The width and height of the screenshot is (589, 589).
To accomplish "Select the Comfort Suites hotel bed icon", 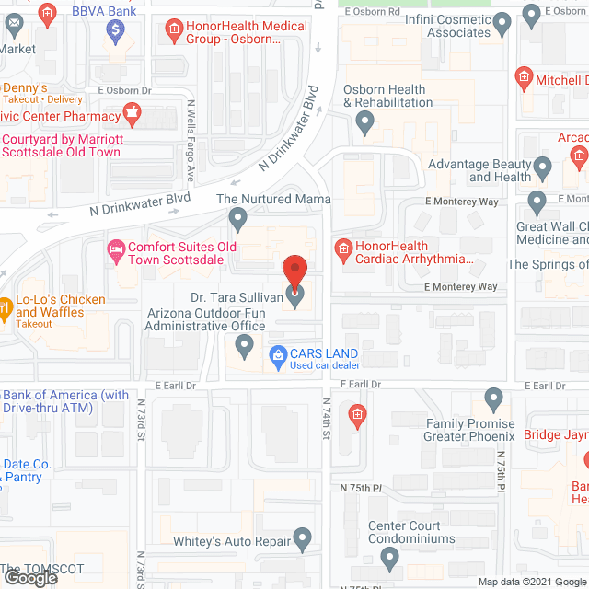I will pos(116,248).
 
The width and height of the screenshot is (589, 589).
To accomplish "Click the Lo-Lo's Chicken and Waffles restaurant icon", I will pos(6,306).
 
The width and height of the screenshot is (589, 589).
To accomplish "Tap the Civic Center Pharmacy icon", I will pos(133,116).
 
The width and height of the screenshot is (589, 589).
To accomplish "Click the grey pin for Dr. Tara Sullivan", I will pos(295,295).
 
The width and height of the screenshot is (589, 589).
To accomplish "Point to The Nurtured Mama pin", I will pos(238,218).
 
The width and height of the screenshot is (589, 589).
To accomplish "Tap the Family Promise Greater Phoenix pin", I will pos(493,399).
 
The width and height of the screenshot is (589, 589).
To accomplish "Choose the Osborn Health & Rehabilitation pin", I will pos(365,121).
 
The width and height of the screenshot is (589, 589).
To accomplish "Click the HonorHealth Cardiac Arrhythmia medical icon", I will pos(343,247).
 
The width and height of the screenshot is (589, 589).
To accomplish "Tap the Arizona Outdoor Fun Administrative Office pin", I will pos(244,346).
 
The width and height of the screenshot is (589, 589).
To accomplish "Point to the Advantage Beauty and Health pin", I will pos(543,168).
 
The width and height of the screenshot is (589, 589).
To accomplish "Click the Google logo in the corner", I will pos(29,578).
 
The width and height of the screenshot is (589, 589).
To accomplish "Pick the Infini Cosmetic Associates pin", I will pos(502,22).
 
